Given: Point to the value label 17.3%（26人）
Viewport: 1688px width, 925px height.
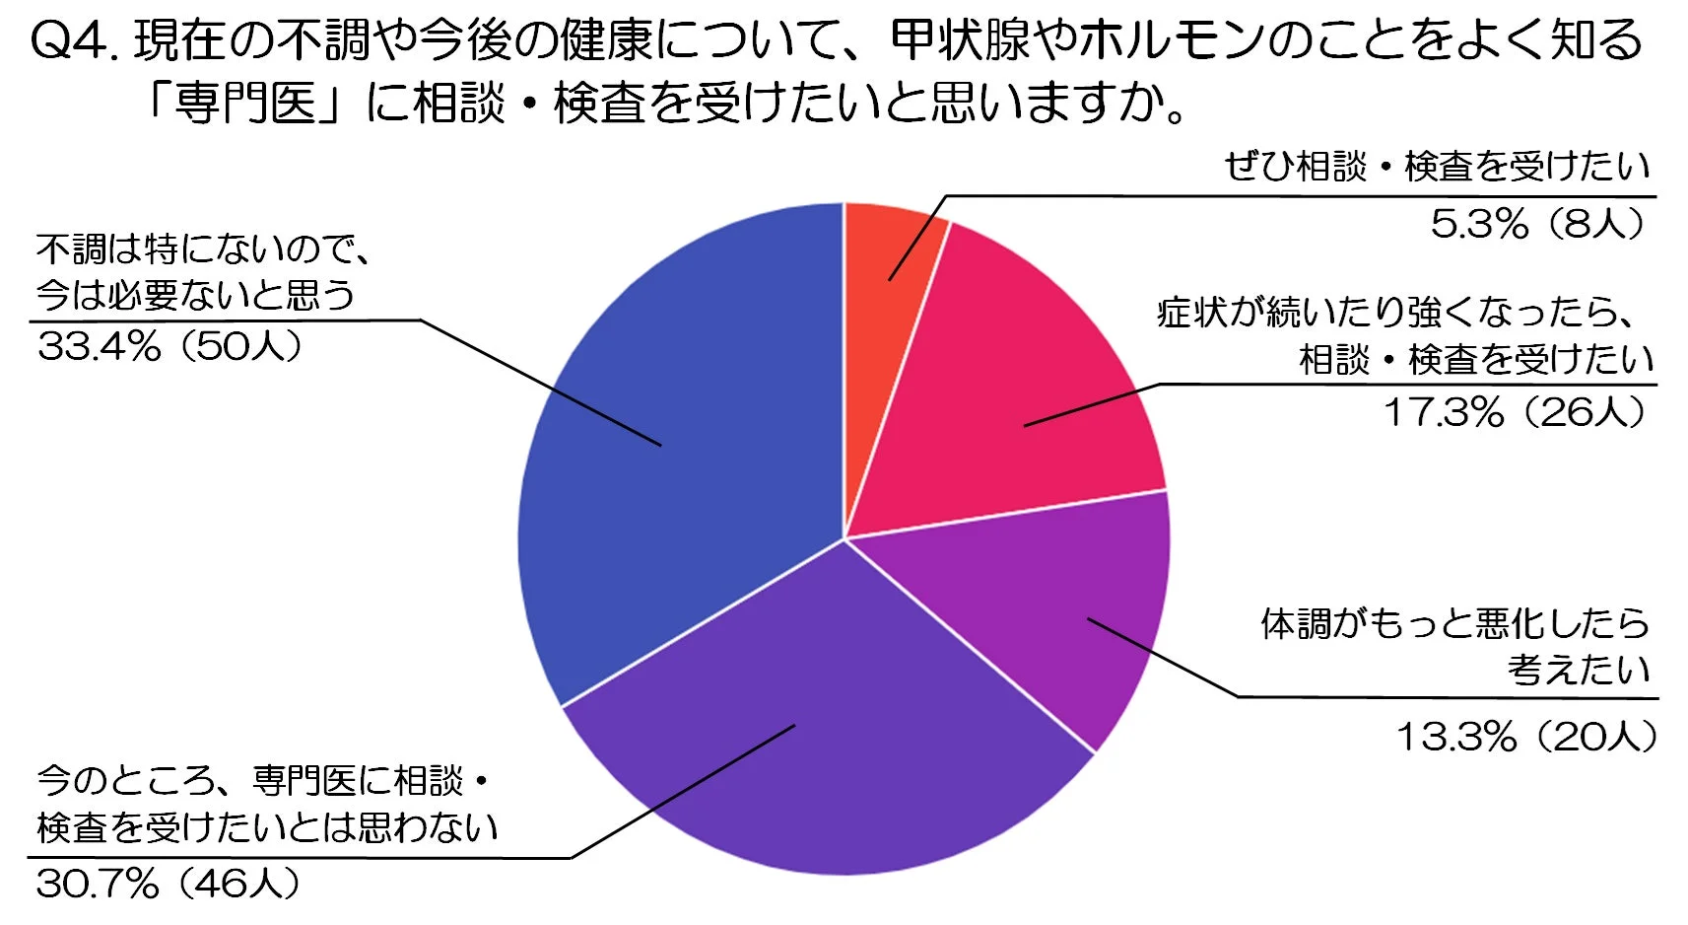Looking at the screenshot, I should pyautogui.click(x=1516, y=412).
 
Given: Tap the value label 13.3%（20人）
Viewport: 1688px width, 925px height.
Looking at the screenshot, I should pyautogui.click(x=1526, y=737).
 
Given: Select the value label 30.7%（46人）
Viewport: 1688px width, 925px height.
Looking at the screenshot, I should pyautogui.click(x=168, y=884).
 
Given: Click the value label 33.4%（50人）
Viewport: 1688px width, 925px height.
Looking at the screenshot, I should pyautogui.click(x=169, y=346).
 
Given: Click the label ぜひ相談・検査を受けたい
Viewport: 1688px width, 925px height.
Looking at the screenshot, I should pyautogui.click(x=1437, y=167).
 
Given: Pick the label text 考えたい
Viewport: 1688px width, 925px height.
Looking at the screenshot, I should pyautogui.click(x=1579, y=670).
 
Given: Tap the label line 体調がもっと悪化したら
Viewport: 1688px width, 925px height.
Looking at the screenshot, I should pyautogui.click(x=1455, y=623).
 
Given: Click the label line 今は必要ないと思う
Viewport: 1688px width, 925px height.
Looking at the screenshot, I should pyautogui.click(x=194, y=295).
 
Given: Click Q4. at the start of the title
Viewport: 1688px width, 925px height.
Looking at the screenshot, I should pyautogui.click(x=74, y=41).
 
